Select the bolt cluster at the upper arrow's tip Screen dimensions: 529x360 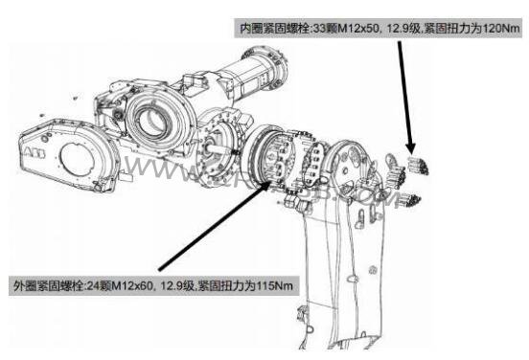coord(418,164)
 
